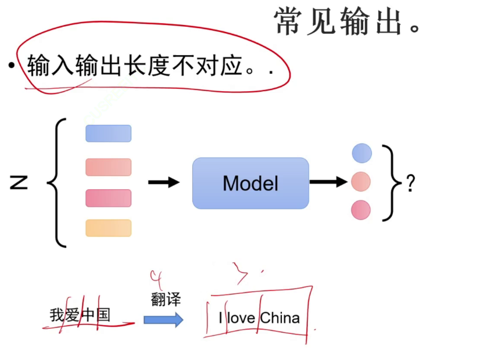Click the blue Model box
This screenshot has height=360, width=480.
click(x=250, y=183)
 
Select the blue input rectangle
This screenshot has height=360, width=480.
click(x=109, y=134)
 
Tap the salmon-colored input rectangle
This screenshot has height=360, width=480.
click(x=109, y=167)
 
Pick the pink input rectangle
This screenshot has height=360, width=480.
click(x=109, y=198)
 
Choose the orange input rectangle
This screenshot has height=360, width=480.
click(x=109, y=228)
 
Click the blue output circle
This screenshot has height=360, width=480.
click(x=361, y=153)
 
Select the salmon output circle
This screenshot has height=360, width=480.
click(x=361, y=182)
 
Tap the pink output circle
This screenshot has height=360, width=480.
click(x=361, y=210)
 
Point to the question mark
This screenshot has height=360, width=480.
click(x=410, y=183)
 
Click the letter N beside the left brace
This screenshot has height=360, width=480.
click(x=19, y=183)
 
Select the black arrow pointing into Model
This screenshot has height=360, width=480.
click(x=163, y=183)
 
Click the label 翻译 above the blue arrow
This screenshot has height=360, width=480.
click(x=166, y=299)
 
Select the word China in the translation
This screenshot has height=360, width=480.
click(x=280, y=318)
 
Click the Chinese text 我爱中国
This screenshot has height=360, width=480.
click(x=80, y=315)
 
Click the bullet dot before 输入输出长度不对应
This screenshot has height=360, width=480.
click(x=11, y=67)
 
